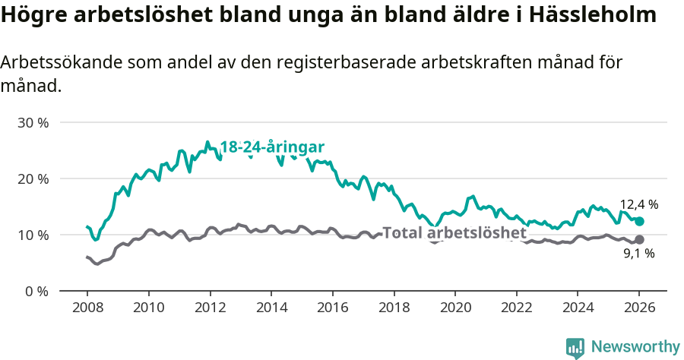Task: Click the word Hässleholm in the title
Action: point(594,15)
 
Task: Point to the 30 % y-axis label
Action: point(33,122)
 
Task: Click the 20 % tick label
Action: point(33,178)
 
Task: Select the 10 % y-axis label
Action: point(33,235)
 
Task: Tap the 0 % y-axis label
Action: point(36,291)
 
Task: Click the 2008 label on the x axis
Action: point(87,308)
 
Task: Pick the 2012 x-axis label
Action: point(209,308)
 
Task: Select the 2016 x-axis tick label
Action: point(332,308)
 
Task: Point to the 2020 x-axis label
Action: point(454,308)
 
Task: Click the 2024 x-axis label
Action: point(577,308)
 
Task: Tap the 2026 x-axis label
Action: point(638,308)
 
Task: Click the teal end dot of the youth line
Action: point(639,221)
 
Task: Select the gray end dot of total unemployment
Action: point(639,240)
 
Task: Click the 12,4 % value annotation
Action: point(638,204)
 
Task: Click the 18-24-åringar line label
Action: point(272,147)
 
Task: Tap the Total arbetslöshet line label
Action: point(454,232)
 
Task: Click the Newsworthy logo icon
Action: point(575,348)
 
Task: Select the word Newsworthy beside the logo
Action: point(635,347)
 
